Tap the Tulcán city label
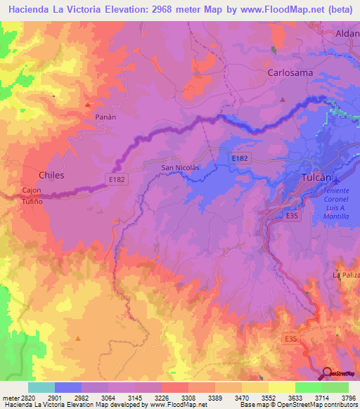tap(316, 178)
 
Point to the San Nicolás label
tap(181, 167)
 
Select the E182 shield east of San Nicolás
tap(240, 160)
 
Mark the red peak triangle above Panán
tap(88, 105)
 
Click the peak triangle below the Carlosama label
tap(282, 99)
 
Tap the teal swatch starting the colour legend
tap(41, 387)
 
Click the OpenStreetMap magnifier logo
tap(326, 372)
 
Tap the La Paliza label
tap(345, 274)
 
